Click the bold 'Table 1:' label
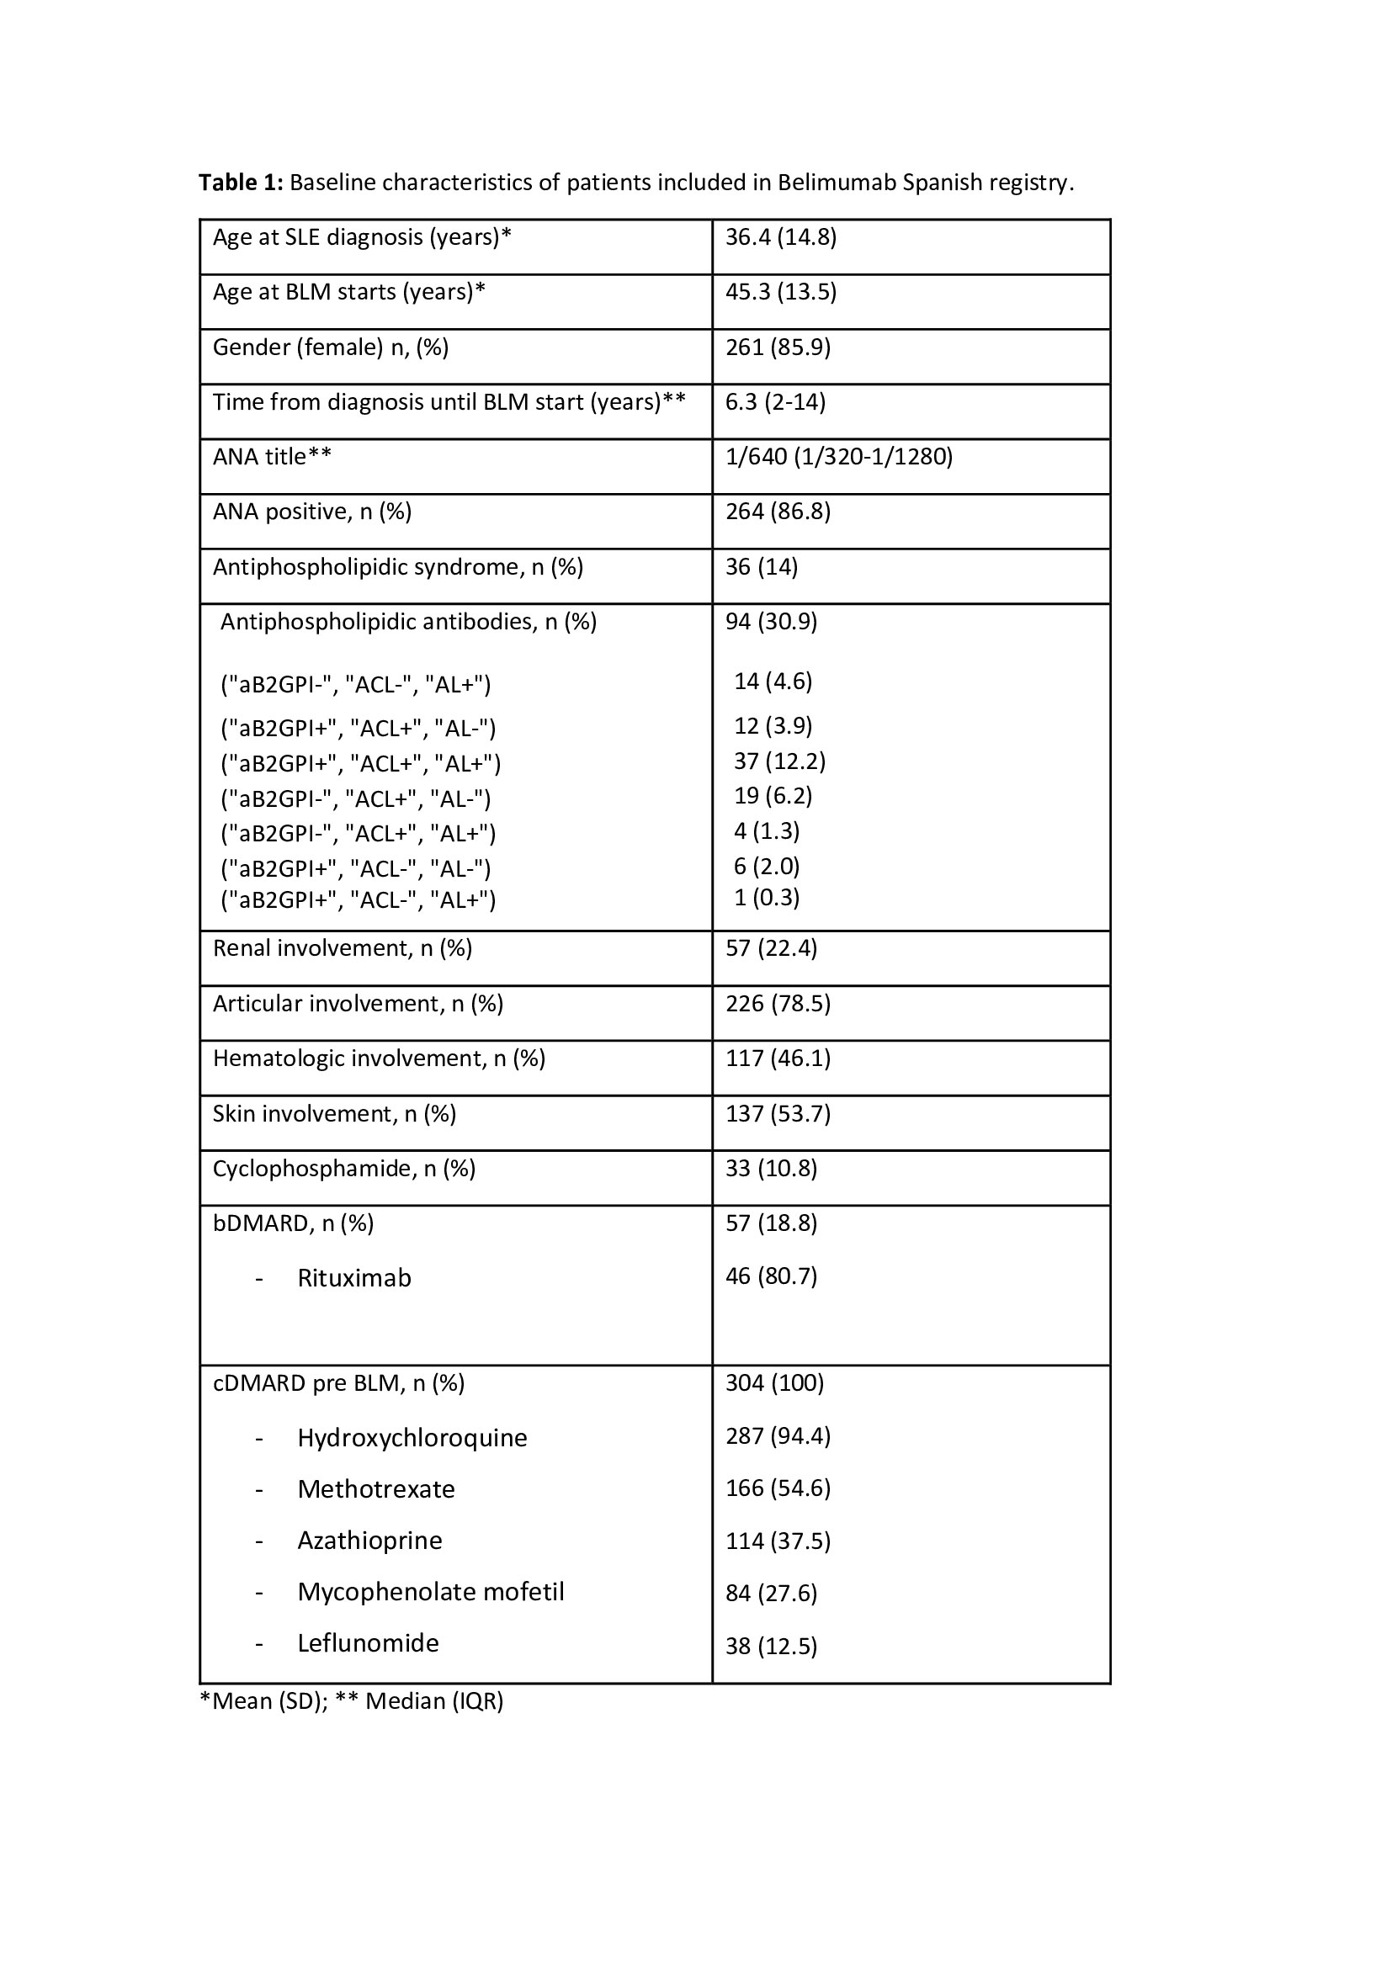coord(240,183)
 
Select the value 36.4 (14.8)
coord(780,237)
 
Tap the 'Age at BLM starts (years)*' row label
coord(349,292)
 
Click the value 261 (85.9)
coord(778,347)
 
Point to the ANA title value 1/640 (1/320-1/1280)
coord(838,457)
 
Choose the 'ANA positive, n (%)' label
coord(312,512)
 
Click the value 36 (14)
coord(761,567)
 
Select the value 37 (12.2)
coord(779,761)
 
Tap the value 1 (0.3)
coord(767,898)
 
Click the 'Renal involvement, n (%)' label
coord(342,948)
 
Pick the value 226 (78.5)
coord(778,1004)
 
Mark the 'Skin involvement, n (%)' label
coord(334,1113)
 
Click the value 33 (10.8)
coord(771,1169)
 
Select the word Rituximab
coord(354,1278)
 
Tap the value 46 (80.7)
coord(771,1276)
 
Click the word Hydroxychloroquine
coord(412,1437)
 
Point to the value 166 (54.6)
coord(778,1488)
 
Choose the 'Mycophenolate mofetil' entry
coord(430,1592)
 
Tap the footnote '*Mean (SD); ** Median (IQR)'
coord(352,1700)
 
